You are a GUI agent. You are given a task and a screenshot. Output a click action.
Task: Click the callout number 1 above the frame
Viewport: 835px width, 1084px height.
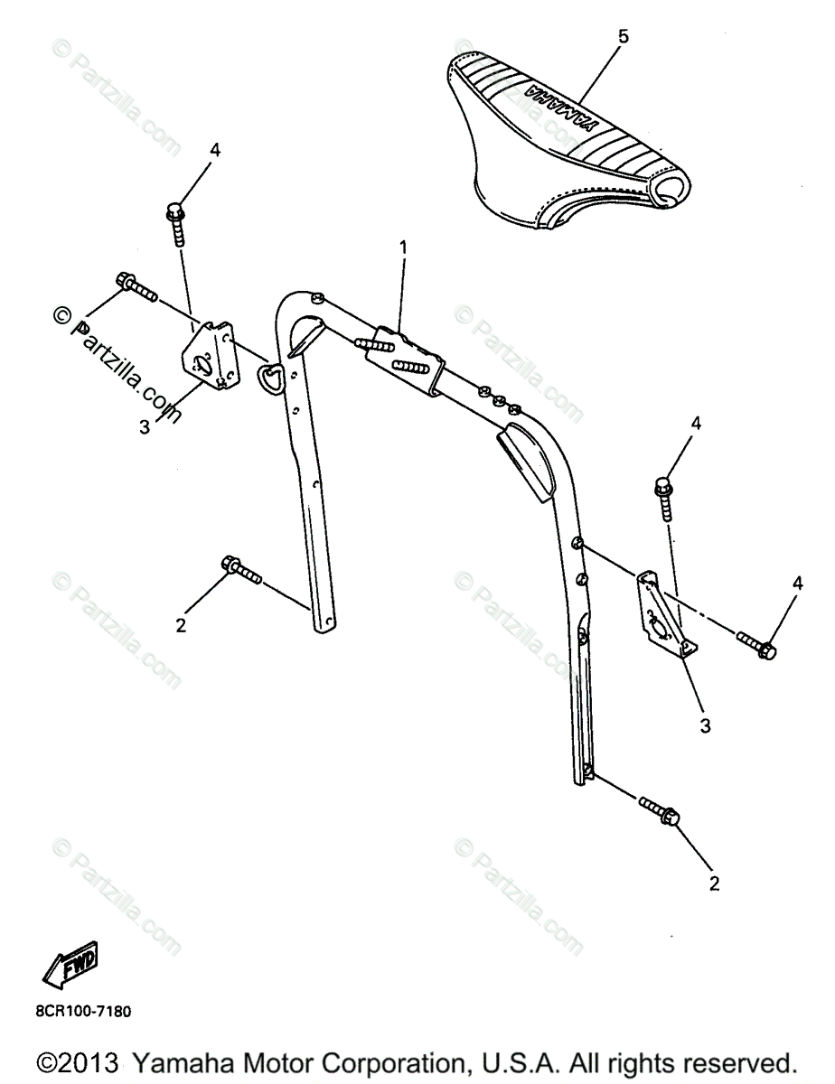pyautogui.click(x=404, y=246)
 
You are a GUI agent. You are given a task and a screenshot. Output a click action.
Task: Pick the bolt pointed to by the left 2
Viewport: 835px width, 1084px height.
pyautogui.click(x=239, y=570)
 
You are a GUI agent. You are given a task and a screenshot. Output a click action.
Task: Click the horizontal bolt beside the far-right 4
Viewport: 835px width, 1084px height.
pyautogui.click(x=755, y=644)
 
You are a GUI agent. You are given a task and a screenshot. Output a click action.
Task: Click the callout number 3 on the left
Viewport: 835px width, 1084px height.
pyautogui.click(x=145, y=427)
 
